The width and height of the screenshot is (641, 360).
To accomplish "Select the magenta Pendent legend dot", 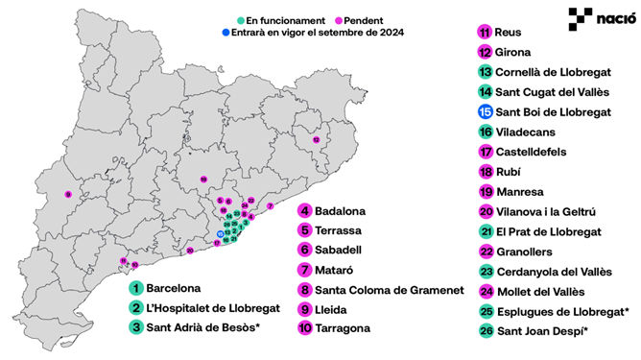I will click(341, 19).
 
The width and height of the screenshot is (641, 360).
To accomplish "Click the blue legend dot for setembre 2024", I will click(212, 32).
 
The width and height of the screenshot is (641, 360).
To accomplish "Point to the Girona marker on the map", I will click(316, 140).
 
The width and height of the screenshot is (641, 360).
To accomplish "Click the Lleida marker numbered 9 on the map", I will click(68, 195).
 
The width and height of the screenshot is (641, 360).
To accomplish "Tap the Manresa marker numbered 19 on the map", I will click(203, 180).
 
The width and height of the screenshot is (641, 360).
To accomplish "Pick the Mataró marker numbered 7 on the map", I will click(271, 206).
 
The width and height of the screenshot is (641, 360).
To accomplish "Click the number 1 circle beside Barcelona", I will click(137, 287).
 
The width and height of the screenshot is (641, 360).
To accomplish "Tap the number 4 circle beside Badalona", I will click(304, 210).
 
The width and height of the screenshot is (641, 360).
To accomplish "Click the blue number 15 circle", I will click(485, 112).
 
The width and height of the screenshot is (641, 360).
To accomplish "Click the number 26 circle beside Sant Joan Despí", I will click(485, 332).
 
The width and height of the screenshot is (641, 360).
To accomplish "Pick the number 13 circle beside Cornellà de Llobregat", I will click(485, 72).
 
